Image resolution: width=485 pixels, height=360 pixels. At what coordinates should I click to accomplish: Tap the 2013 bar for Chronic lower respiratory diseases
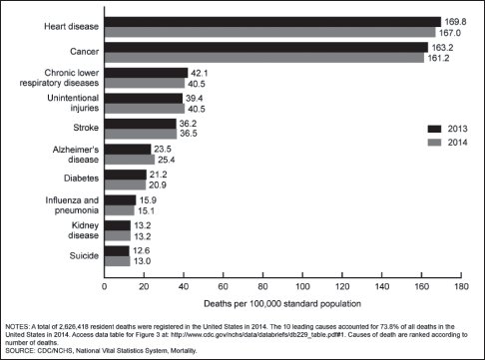coord(146,73)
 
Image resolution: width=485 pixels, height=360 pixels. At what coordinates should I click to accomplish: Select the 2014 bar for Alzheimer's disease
coord(129,160)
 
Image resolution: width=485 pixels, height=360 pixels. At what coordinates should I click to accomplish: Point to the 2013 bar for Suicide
coord(117,250)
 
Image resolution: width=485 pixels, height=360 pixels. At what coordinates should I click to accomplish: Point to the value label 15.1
coord(149,210)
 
